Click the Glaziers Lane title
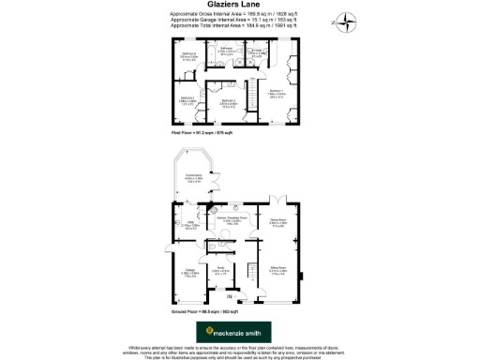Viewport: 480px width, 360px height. pyautogui.click(x=239, y=6)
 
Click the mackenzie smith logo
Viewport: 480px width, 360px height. pyautogui.click(x=234, y=332)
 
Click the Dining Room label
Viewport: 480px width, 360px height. pyautogui.click(x=278, y=222)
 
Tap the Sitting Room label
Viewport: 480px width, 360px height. pyautogui.click(x=278, y=270)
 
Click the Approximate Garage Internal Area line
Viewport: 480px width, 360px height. pyautogui.click(x=239, y=22)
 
